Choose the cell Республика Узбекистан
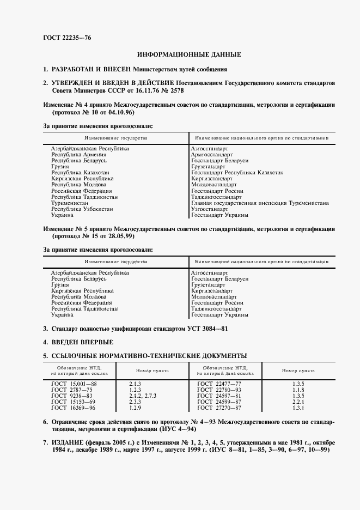point(82,209)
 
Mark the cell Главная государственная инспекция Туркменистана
point(260,203)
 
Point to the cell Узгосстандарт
point(210,209)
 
